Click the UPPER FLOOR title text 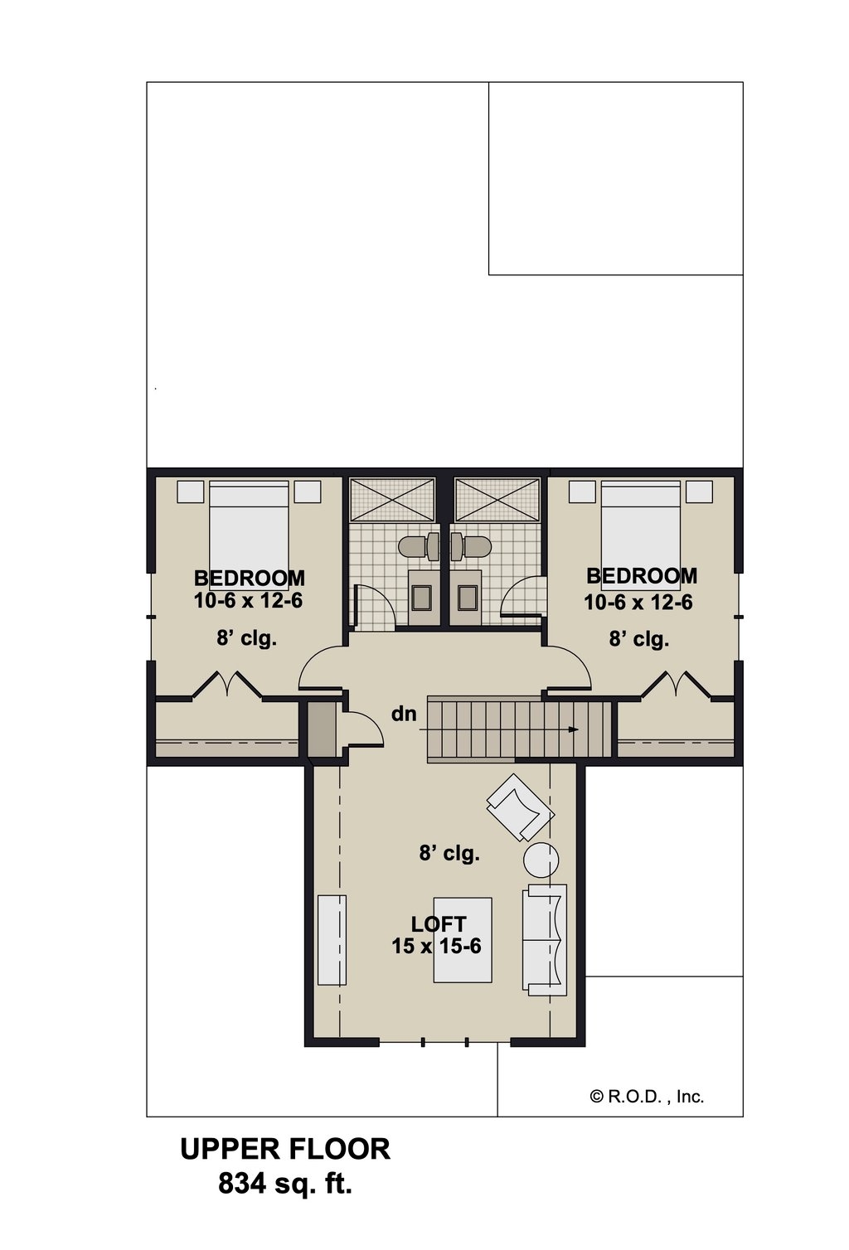(285, 1149)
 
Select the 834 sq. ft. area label (285, 1184)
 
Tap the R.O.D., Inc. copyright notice (647, 1097)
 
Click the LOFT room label (439, 923)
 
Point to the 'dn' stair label (404, 714)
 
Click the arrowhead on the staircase (573, 729)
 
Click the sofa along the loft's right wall (545, 939)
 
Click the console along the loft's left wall (332, 939)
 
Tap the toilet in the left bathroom (420, 546)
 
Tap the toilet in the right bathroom (470, 546)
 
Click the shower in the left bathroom (391, 500)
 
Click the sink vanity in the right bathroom (468, 596)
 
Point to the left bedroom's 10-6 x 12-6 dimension (248, 600)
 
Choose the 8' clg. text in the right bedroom (638, 639)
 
